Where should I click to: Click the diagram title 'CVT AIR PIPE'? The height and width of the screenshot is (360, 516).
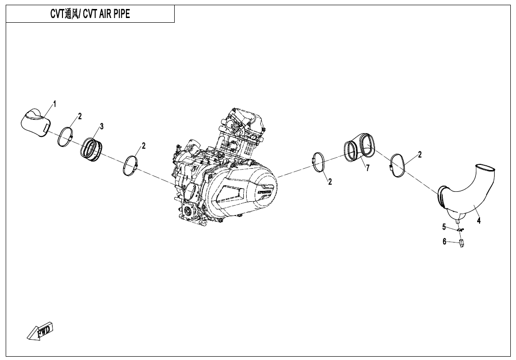click(x=90, y=14)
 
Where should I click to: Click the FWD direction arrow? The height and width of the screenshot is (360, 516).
click(x=40, y=331)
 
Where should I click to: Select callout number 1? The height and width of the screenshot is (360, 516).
click(x=54, y=104)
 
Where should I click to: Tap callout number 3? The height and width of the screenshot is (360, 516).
click(x=101, y=126)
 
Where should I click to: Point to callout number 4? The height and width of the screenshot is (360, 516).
click(x=479, y=221)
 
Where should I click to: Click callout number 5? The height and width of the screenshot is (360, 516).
click(x=444, y=226)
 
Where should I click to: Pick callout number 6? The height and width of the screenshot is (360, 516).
click(x=444, y=242)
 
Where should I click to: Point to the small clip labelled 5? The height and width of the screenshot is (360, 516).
click(x=460, y=230)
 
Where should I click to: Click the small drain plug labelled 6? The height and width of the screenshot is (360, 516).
click(x=461, y=243)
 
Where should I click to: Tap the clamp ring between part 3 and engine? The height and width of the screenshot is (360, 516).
click(x=131, y=164)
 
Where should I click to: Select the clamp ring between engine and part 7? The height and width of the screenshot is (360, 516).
click(x=319, y=162)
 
